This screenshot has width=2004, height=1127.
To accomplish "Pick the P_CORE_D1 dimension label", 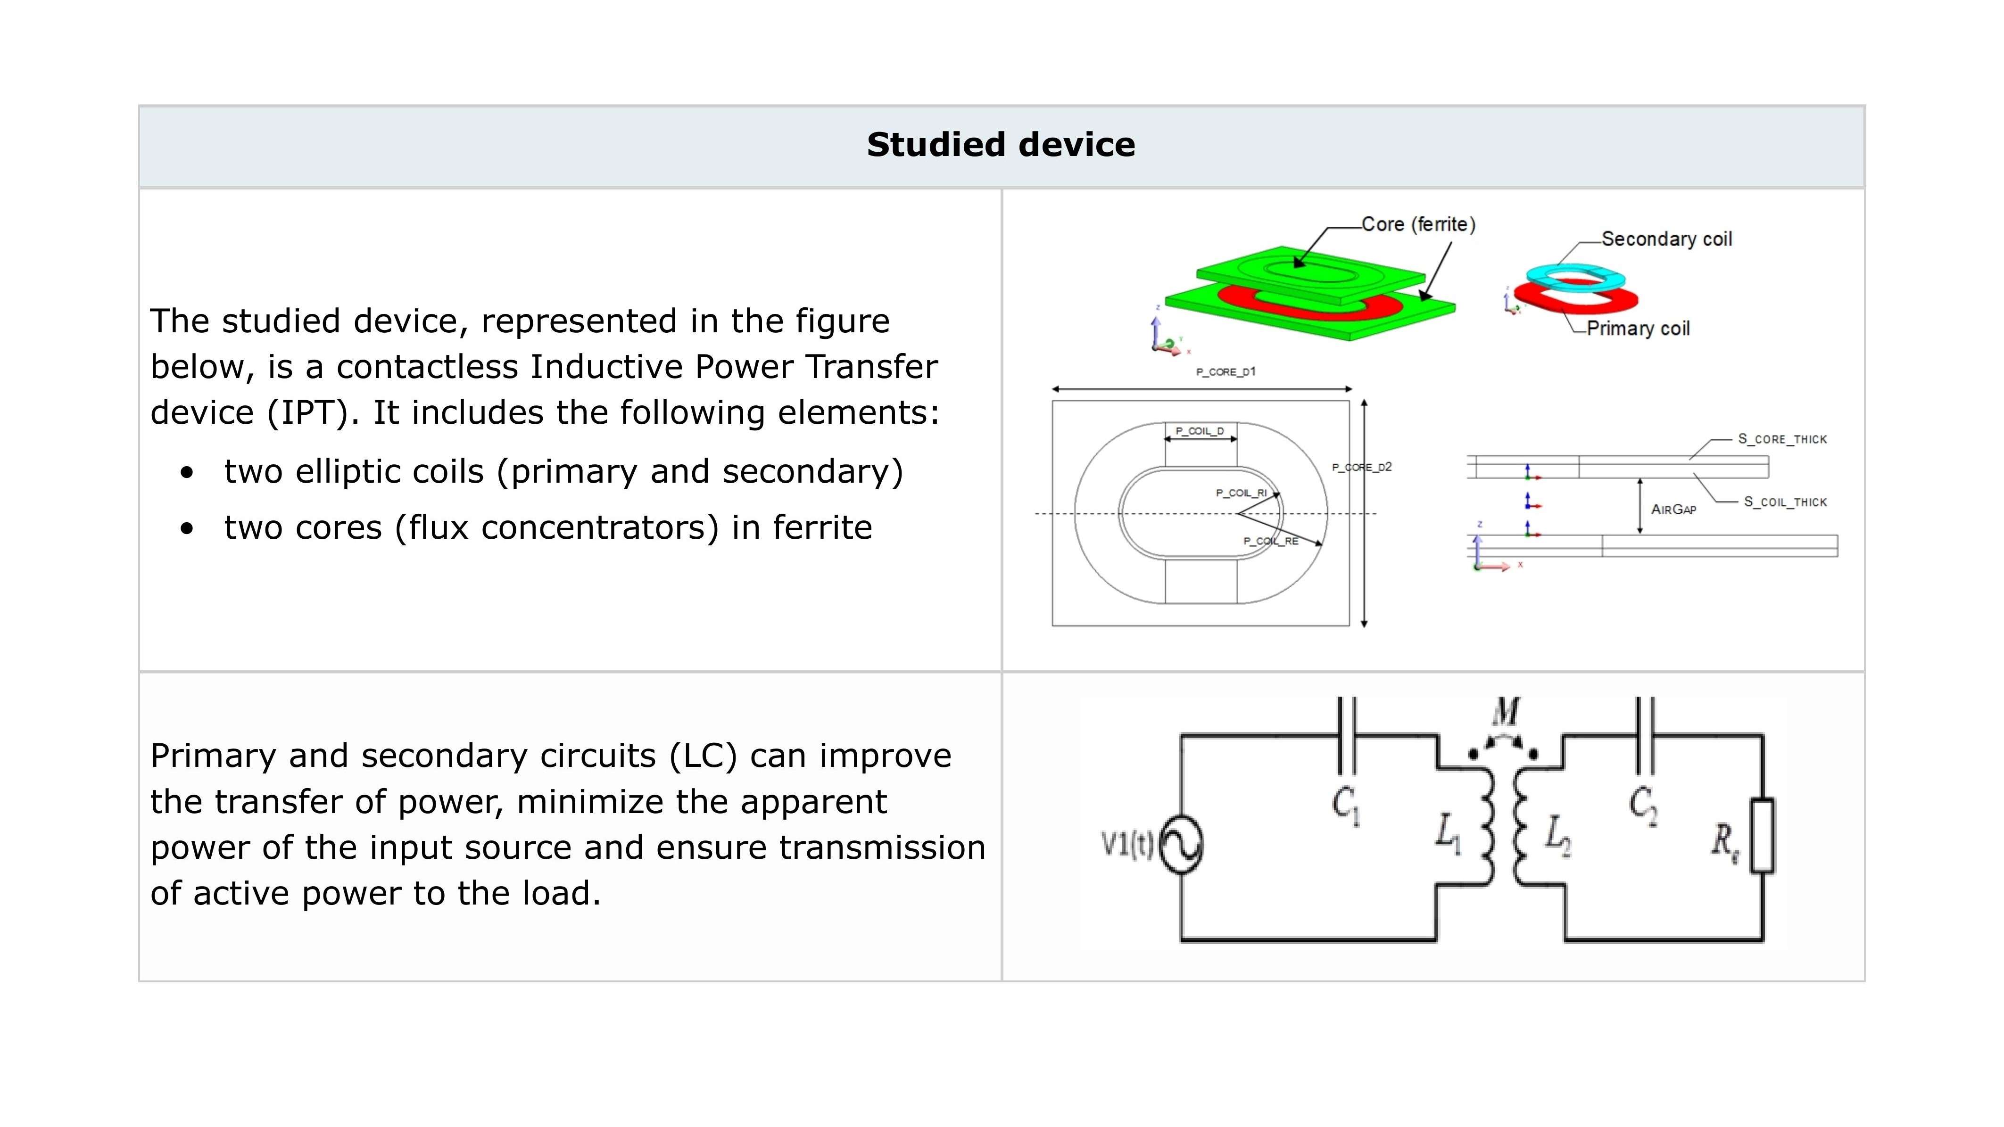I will (1226, 372).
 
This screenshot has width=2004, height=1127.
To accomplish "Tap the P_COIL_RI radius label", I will (1241, 493).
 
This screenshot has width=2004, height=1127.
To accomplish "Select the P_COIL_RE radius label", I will (1270, 541).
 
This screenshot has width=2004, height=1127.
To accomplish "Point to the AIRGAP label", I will (1673, 510).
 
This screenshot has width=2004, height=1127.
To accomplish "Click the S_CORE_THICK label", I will (1782, 439).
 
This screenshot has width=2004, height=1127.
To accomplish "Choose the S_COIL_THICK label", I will (1785, 502).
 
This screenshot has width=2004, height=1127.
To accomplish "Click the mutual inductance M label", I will (1506, 712).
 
